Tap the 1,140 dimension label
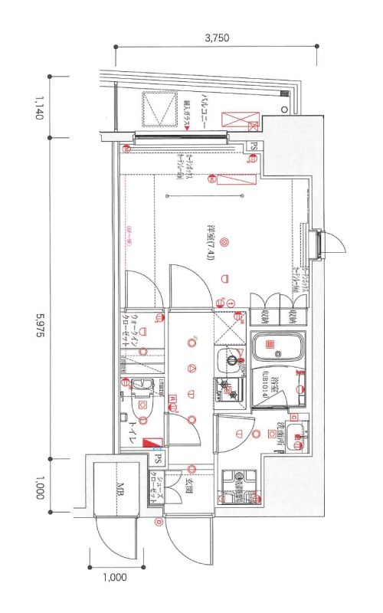36,107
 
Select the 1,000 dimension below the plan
113,578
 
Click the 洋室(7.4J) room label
210,242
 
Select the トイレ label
133,432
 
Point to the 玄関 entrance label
188,487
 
